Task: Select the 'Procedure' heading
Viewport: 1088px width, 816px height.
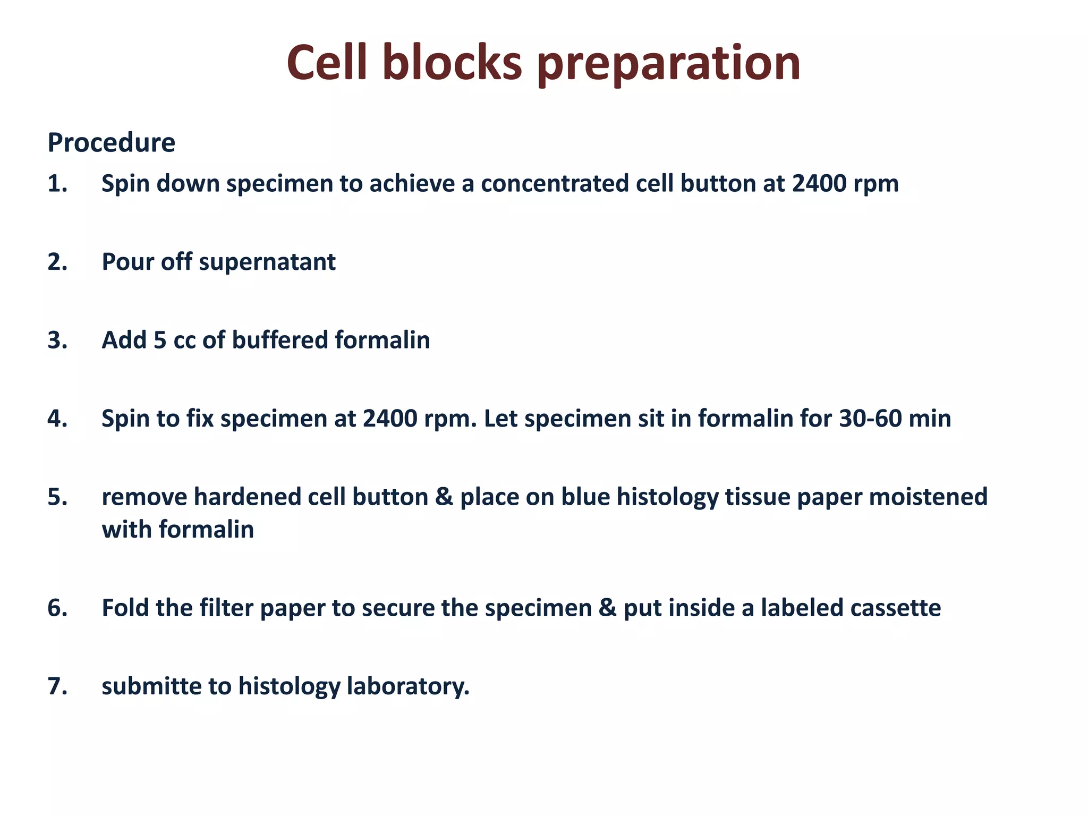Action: [x=111, y=143]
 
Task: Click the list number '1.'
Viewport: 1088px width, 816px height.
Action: [x=57, y=184]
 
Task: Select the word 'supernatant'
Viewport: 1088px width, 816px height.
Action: [x=267, y=262]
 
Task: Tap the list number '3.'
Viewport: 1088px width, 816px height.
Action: [x=57, y=341]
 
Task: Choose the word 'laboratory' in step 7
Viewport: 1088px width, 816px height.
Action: [x=406, y=686]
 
